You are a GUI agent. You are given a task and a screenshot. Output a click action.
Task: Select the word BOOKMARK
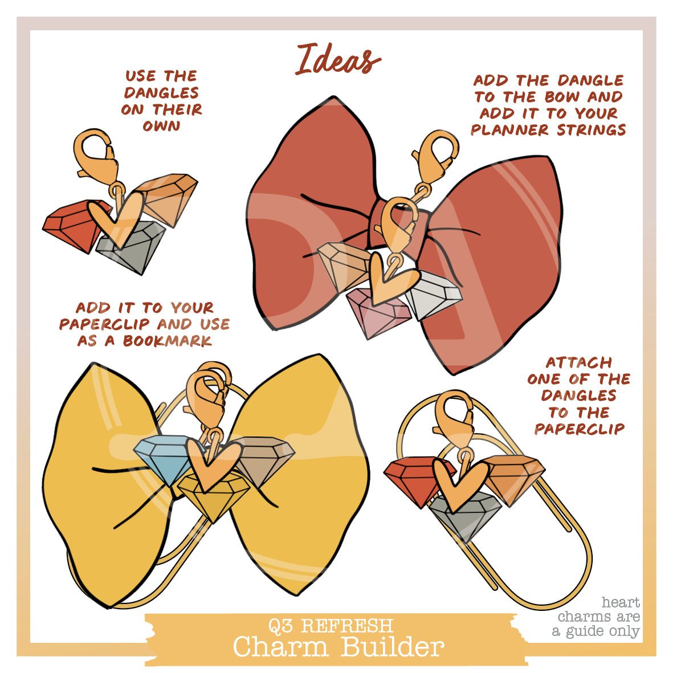168,341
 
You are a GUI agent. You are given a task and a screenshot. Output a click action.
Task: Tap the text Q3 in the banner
282,626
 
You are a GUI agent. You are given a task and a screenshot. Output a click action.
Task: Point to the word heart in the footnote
621,602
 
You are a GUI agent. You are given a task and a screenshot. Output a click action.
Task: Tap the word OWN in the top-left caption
161,126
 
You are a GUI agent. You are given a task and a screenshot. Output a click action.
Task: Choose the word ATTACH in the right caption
578,362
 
